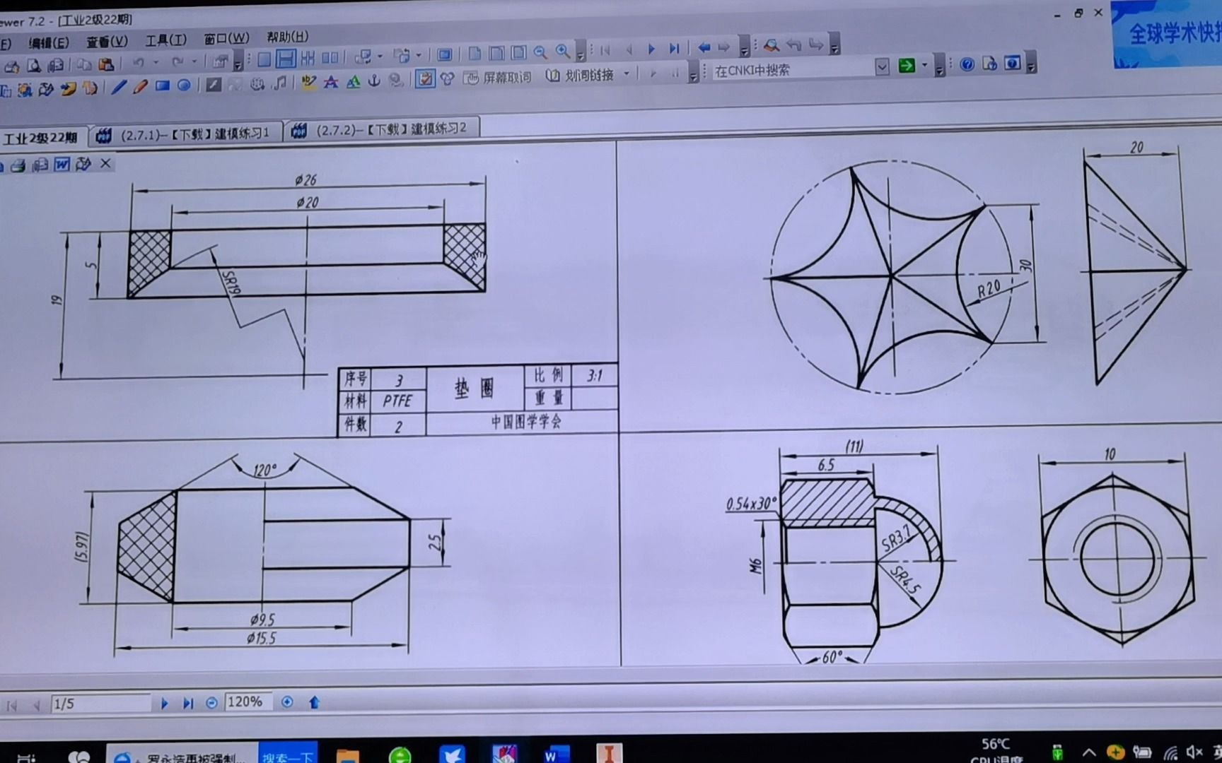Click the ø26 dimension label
[x=305, y=181]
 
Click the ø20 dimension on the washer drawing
[x=308, y=203]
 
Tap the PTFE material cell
[x=397, y=401]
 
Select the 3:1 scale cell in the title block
[x=594, y=376]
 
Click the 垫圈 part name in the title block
[x=475, y=388]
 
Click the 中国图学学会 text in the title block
[x=526, y=422]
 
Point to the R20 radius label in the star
[x=989, y=288]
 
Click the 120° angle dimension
[x=265, y=471]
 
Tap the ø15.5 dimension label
[x=261, y=639]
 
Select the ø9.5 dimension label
[x=262, y=620]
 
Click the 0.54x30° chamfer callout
[x=750, y=504]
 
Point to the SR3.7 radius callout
[x=896, y=538]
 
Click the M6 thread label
[x=757, y=566]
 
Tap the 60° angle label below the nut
[x=832, y=657]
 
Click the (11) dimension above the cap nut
[x=854, y=446]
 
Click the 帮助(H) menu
[x=287, y=37]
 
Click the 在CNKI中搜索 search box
[x=792, y=70]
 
